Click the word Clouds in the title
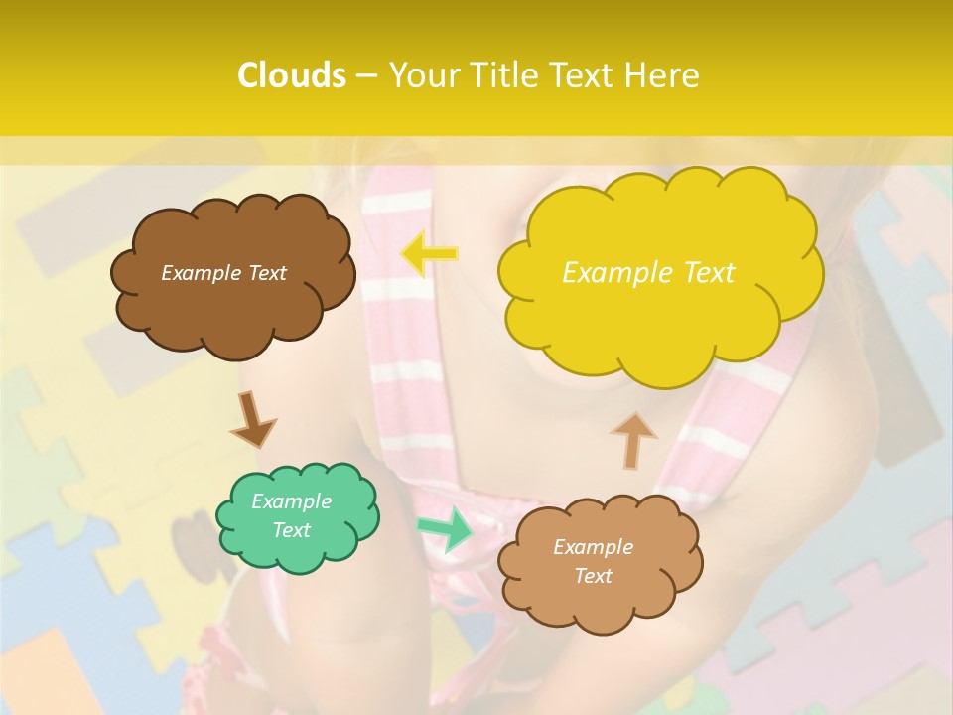pyautogui.click(x=292, y=75)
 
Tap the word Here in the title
pyautogui.click(x=662, y=75)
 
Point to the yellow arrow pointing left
pyautogui.click(x=429, y=254)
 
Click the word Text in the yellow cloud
pyautogui.click(x=709, y=273)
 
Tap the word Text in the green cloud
pyautogui.click(x=292, y=530)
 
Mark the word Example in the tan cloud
pyautogui.click(x=593, y=547)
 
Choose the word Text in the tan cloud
pyautogui.click(x=593, y=576)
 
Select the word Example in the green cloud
pyautogui.click(x=292, y=501)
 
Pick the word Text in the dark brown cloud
pyautogui.click(x=267, y=273)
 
